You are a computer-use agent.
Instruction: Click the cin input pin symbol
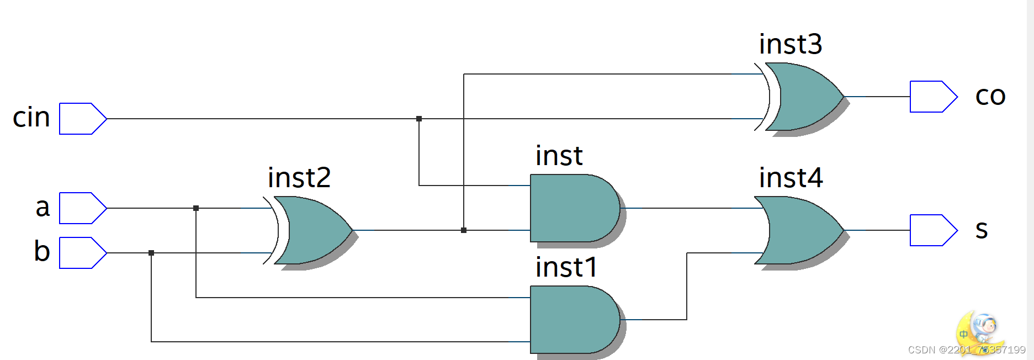(82, 119)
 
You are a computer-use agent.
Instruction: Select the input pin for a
(82, 208)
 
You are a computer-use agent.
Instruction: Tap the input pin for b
(82, 253)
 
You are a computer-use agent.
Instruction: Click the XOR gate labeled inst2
(312, 230)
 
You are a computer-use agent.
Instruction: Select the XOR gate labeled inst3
(803, 97)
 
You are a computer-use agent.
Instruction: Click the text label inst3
(791, 44)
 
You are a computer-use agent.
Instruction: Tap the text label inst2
(299, 178)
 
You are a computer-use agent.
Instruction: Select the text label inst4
(791, 178)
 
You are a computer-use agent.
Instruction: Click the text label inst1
(566, 267)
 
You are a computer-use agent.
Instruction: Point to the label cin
(31, 118)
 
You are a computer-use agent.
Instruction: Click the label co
(990, 96)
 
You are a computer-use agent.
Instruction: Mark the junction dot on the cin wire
(419, 119)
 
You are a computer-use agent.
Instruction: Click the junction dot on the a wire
(196, 208)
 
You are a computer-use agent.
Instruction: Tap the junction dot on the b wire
(151, 253)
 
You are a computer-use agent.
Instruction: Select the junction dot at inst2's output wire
(464, 230)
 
